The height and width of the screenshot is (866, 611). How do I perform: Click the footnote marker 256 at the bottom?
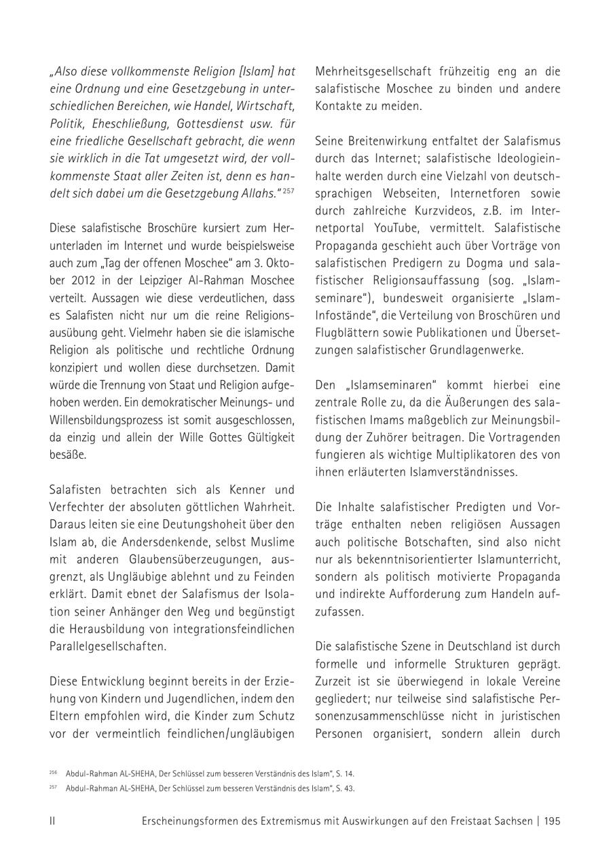click(53, 772)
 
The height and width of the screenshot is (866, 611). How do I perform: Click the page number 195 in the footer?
click(552, 821)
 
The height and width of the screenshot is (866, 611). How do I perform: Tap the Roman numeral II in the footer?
click(52, 821)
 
